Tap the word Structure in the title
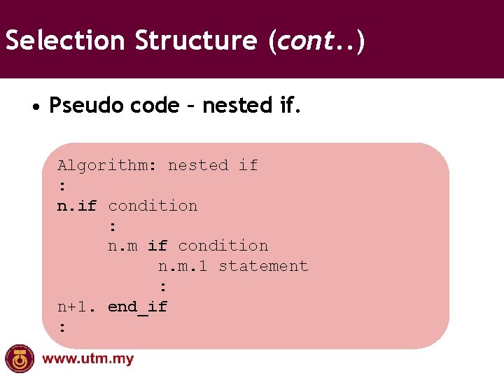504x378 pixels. coord(196,41)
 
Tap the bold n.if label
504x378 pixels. coord(76,206)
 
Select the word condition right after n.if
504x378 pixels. coord(153,206)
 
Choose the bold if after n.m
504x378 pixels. coord(157,246)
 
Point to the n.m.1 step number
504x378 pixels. coord(183,266)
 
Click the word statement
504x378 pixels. coord(263,266)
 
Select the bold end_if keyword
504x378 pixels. coord(137,307)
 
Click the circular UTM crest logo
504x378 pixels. coord(19,359)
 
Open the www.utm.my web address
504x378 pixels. coord(88,360)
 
